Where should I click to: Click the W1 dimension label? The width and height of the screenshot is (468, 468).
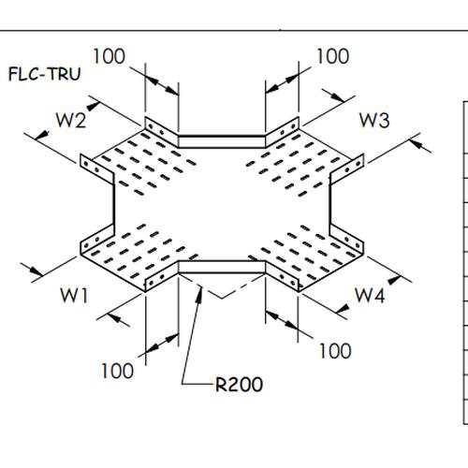[75, 295]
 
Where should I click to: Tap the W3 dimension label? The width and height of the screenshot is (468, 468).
[374, 120]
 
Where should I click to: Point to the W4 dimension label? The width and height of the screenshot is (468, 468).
[370, 295]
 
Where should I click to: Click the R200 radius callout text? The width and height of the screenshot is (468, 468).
[237, 383]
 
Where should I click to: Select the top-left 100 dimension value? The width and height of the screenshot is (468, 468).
[110, 56]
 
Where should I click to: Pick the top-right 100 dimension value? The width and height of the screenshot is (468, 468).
[333, 56]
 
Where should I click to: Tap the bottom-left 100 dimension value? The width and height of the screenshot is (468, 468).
[117, 371]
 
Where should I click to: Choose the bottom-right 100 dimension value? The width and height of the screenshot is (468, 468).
[335, 351]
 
